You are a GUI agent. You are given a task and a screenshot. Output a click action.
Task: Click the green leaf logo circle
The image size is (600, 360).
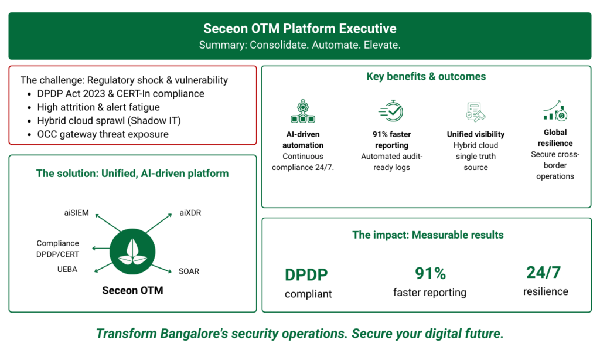[x=132, y=252]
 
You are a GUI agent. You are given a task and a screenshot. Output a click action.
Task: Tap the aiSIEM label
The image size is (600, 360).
[x=77, y=213]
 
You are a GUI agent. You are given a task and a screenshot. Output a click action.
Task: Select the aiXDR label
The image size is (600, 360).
[x=190, y=213]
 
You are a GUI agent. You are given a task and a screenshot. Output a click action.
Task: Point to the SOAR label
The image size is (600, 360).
[x=189, y=271]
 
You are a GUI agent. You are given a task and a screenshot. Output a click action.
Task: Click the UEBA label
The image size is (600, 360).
[x=67, y=269]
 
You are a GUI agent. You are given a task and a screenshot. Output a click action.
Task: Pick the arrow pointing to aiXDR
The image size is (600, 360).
[x=159, y=223]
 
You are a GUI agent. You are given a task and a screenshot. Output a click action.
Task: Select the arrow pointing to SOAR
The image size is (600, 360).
[x=161, y=269]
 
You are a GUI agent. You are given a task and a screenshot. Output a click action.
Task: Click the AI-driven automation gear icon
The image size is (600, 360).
[x=303, y=111]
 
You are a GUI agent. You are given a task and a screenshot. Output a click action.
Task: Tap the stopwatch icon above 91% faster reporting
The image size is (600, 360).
[x=391, y=111]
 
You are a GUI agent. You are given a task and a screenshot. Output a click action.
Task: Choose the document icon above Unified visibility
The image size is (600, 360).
[x=476, y=112]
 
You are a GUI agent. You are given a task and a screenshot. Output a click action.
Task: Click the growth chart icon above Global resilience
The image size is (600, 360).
[x=555, y=111]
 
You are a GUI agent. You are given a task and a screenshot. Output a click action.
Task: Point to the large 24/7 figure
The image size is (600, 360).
[x=543, y=273]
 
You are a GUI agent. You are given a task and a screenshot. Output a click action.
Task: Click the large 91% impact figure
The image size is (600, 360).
[x=431, y=273]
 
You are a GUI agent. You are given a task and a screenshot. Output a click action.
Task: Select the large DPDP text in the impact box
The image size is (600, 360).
[x=306, y=275]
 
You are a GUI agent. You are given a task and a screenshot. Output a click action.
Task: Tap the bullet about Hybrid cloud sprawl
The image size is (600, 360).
[x=109, y=121]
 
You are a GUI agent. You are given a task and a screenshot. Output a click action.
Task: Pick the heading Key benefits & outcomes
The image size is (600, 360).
[x=427, y=77]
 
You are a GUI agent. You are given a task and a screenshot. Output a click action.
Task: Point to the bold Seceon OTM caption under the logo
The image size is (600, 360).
[x=132, y=290]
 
